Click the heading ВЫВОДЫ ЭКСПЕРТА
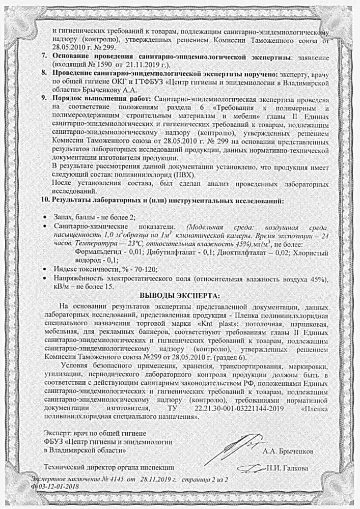(180, 296)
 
